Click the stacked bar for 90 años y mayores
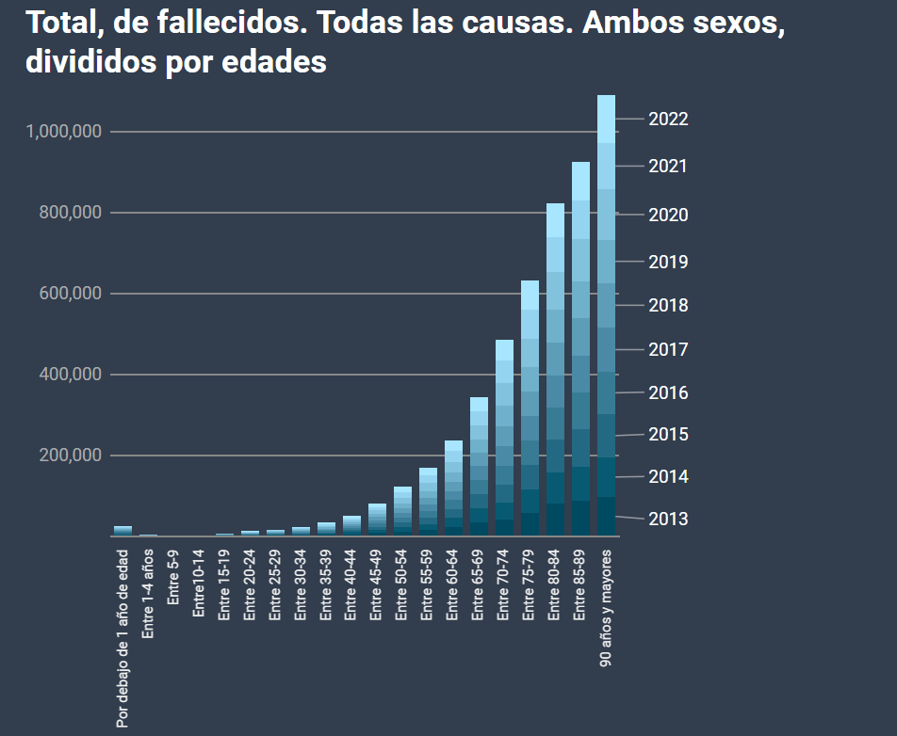point(606,315)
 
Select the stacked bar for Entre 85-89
point(580,348)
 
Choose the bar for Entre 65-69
point(479,466)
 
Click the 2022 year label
point(668,120)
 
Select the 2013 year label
point(668,519)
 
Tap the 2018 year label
point(668,306)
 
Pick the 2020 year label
point(668,215)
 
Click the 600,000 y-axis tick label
point(72,294)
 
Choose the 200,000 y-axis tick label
point(72,456)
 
